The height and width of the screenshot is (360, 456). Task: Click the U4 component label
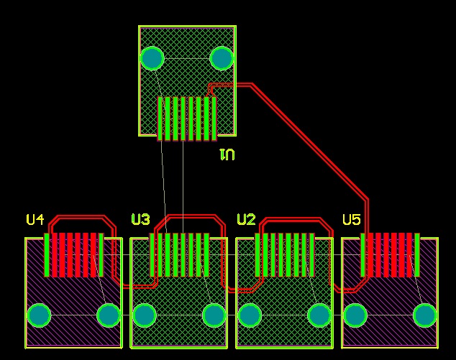(x=35, y=220)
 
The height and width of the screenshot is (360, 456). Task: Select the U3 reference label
(x=141, y=220)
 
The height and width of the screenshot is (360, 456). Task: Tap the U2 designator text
(x=246, y=220)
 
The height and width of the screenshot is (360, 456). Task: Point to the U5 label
(x=352, y=220)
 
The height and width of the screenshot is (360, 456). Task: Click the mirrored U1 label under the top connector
(x=227, y=154)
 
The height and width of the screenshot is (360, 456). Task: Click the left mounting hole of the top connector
(x=152, y=57)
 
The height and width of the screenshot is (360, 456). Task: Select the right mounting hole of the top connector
(x=222, y=57)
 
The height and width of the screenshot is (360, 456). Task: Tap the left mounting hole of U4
(x=39, y=315)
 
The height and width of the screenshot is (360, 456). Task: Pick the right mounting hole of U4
(x=109, y=315)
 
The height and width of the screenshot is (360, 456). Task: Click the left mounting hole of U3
(x=144, y=315)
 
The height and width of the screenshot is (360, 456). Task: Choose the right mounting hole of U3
(x=214, y=315)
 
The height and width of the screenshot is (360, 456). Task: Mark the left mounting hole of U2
(x=249, y=315)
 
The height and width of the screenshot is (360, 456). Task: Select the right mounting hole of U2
(x=319, y=315)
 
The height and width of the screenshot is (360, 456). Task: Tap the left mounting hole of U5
(x=355, y=315)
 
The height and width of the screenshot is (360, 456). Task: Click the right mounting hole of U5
(x=424, y=315)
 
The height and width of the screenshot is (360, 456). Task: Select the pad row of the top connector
(x=187, y=119)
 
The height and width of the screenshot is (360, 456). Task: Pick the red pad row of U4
(x=73, y=255)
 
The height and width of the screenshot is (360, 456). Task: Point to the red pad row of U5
(x=391, y=255)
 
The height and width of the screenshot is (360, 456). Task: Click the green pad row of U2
(x=285, y=255)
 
